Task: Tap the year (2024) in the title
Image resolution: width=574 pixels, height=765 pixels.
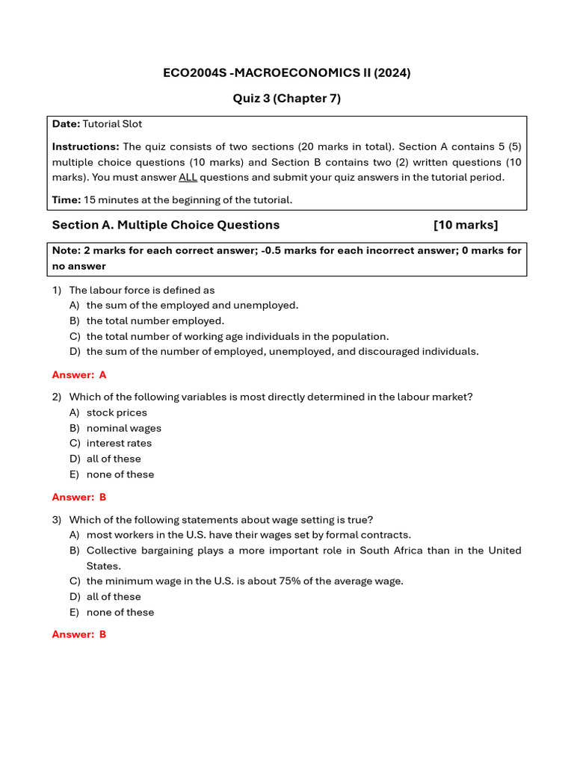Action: click(393, 72)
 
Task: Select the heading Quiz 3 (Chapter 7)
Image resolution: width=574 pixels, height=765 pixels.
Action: click(287, 99)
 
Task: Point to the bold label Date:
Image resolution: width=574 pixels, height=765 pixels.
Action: click(66, 124)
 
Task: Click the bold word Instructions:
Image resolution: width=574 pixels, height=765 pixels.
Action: click(85, 146)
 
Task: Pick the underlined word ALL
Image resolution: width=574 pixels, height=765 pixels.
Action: click(188, 177)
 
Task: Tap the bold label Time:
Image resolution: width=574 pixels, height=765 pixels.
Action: click(66, 199)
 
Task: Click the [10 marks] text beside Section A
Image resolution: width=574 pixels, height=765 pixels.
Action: click(465, 225)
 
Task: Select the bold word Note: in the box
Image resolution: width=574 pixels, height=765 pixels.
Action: click(67, 251)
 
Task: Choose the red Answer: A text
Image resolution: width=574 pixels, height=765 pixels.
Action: click(79, 375)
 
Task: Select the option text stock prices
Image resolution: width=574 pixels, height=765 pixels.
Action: click(117, 412)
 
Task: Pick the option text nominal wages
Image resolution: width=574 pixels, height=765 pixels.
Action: click(124, 428)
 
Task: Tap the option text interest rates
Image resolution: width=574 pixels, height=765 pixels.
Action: click(119, 443)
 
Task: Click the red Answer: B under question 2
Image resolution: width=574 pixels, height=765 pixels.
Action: click(79, 497)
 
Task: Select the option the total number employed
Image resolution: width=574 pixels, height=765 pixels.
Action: click(155, 320)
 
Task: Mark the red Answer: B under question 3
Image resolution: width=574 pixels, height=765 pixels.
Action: click(79, 634)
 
